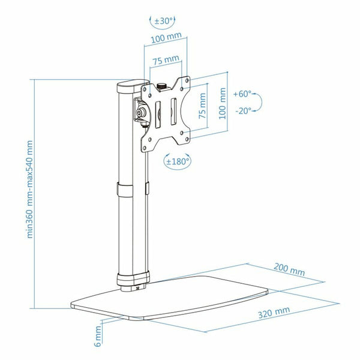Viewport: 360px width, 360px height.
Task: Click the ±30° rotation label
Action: pos(163,21)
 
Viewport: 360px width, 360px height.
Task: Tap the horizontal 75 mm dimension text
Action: pos(166,61)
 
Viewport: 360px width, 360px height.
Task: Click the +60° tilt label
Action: pos(244,94)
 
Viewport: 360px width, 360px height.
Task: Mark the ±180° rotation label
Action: pos(178,161)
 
